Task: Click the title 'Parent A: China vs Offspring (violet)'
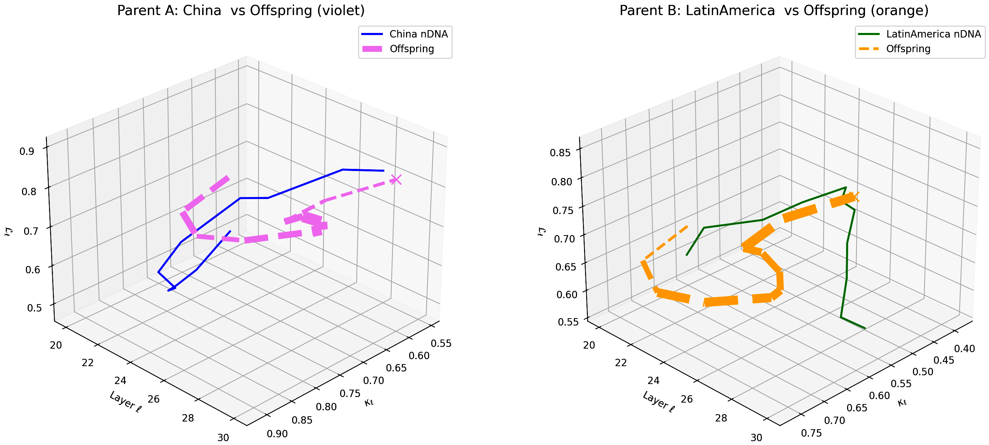pyautogui.click(x=241, y=11)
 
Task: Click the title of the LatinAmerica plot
pyautogui.click(x=774, y=11)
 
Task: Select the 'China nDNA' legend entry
pyautogui.click(x=418, y=34)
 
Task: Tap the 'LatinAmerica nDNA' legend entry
pyautogui.click(x=933, y=34)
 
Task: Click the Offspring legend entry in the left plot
pyautogui.click(x=412, y=49)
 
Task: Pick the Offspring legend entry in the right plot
pyautogui.click(x=908, y=49)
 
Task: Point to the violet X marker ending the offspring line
pyautogui.click(x=396, y=179)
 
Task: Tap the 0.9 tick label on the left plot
pyautogui.click(x=27, y=151)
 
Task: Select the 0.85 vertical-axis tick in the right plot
pyautogui.click(x=560, y=153)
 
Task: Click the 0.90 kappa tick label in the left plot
pyautogui.click(x=277, y=434)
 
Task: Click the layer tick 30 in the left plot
pyautogui.click(x=223, y=437)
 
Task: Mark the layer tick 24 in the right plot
pyautogui.click(x=653, y=381)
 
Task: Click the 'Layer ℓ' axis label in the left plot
pyautogui.click(x=125, y=402)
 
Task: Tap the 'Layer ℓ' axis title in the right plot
pyautogui.click(x=658, y=402)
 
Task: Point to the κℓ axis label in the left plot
pyautogui.click(x=369, y=402)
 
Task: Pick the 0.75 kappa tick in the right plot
pyautogui.click(x=812, y=433)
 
